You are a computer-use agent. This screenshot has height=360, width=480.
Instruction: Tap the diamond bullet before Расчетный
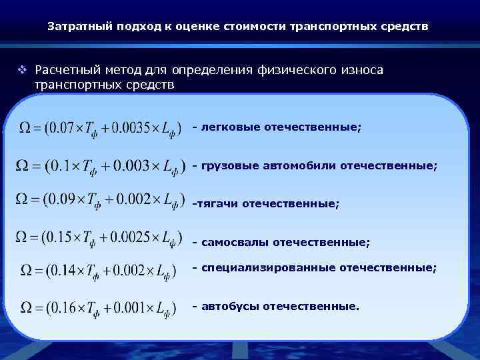(x=23, y=70)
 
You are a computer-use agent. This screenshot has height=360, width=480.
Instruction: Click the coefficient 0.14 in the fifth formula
(x=64, y=270)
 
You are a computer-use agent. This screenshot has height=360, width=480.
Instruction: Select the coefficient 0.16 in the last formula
(x=64, y=307)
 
